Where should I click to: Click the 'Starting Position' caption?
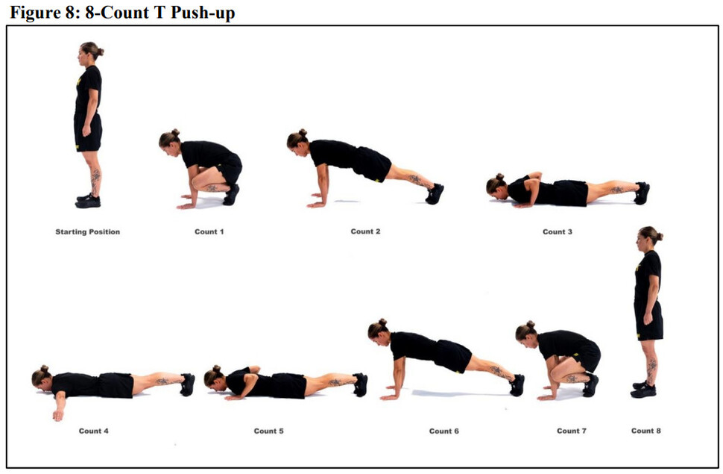click(x=88, y=232)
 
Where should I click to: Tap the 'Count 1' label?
click(x=209, y=232)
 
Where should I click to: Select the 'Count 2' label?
click(x=365, y=231)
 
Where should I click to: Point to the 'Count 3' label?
click(x=557, y=232)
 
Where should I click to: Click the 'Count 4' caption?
click(x=94, y=431)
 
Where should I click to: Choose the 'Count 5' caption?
click(x=268, y=431)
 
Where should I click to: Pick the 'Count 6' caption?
click(x=443, y=431)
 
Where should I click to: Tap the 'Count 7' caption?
click(x=571, y=431)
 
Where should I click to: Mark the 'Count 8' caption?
click(x=645, y=431)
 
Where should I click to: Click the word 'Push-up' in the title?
click(x=203, y=13)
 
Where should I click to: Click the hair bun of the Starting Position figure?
click(x=100, y=52)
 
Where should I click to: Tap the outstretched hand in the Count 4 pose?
click(x=58, y=415)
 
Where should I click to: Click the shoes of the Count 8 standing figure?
click(x=643, y=390)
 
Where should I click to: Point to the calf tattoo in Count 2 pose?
click(x=415, y=179)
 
